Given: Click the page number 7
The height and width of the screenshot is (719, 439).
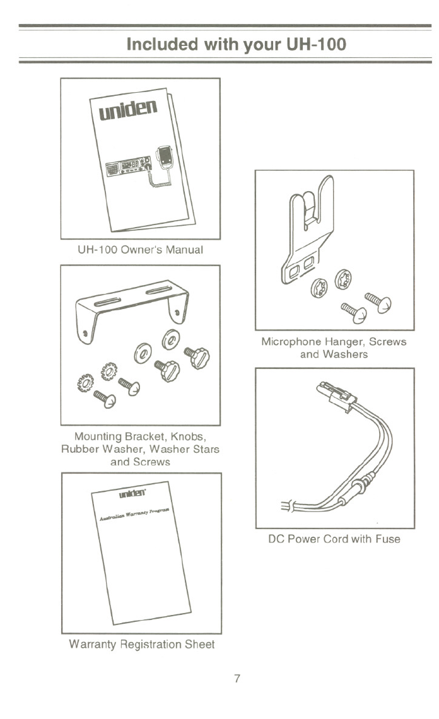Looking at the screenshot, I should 237,679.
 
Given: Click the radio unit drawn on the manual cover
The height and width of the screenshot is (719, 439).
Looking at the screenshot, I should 127,165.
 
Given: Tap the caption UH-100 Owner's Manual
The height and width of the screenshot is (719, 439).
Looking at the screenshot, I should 140,250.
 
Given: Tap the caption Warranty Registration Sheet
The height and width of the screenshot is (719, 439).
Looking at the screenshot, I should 141,645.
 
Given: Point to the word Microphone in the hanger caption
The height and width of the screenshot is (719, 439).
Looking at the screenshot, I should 294,342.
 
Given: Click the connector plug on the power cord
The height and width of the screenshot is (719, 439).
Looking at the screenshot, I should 336,395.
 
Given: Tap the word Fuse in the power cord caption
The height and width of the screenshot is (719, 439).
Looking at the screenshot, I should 387,539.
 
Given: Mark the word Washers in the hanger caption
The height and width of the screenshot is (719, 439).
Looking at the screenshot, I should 346,354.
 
